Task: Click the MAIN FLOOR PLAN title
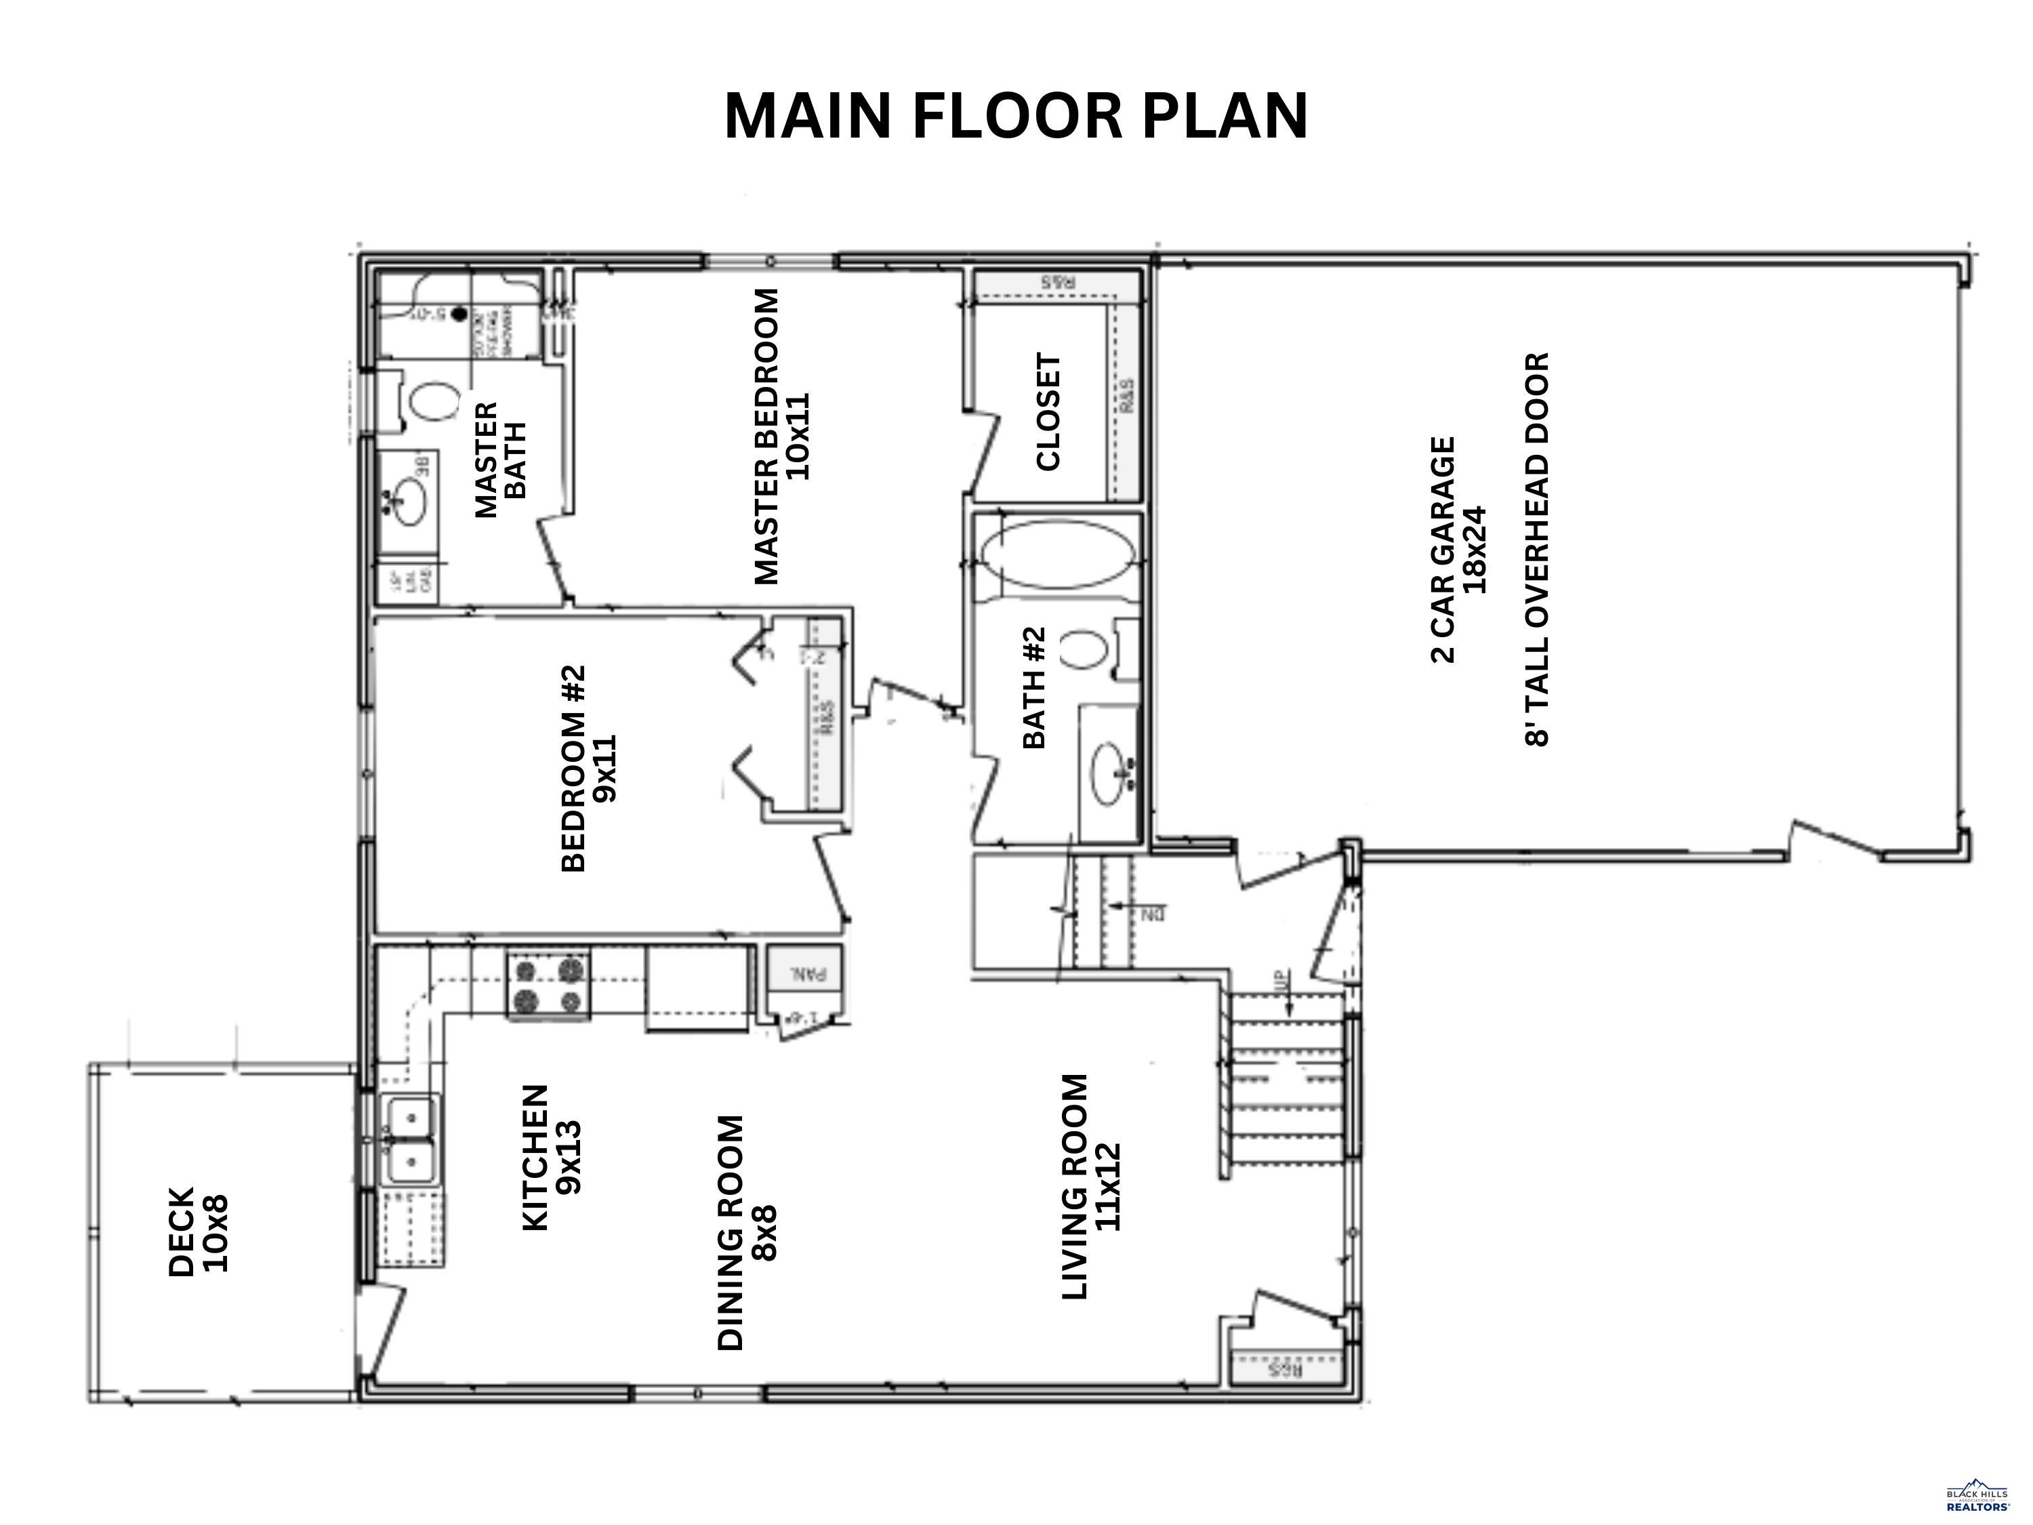[x=1016, y=117]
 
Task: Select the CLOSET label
[x=1048, y=412]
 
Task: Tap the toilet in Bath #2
[x=1086, y=650]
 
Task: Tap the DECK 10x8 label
[x=198, y=1232]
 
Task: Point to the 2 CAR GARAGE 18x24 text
[x=1458, y=549]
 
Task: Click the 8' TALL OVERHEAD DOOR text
[x=1538, y=549]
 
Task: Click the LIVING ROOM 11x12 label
[x=1090, y=1187]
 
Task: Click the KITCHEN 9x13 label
[x=550, y=1158]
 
